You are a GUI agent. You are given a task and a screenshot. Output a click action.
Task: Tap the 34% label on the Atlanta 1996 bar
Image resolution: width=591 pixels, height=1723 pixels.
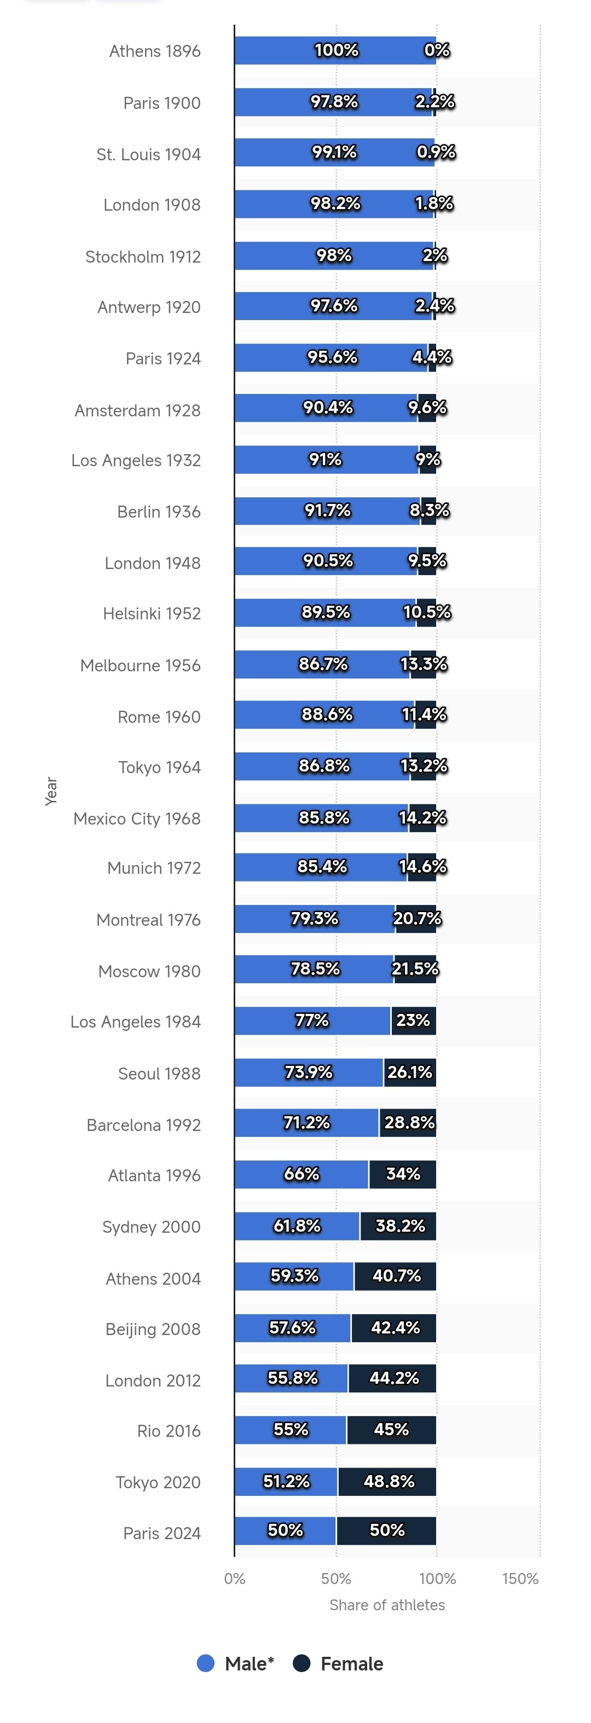pyautogui.click(x=403, y=1174)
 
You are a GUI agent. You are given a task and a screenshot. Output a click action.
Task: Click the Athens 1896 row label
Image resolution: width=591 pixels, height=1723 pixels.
pyautogui.click(x=155, y=51)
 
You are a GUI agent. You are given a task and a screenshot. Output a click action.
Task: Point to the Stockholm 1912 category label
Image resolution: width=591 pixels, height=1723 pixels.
pyautogui.click(x=143, y=257)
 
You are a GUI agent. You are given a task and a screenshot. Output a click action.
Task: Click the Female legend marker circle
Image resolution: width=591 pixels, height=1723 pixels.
pyautogui.click(x=302, y=1663)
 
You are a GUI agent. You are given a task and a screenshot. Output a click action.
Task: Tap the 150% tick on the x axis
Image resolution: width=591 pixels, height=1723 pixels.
pyautogui.click(x=520, y=1579)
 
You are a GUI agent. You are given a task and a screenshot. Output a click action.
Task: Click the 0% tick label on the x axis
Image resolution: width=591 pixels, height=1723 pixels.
pyautogui.click(x=234, y=1579)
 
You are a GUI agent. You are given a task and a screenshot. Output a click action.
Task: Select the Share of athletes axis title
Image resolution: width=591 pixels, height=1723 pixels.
pyautogui.click(x=387, y=1605)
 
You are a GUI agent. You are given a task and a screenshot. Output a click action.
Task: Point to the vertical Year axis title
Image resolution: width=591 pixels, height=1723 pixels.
pyautogui.click(x=51, y=791)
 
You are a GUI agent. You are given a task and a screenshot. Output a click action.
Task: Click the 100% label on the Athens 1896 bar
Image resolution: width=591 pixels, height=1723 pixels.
pyautogui.click(x=336, y=50)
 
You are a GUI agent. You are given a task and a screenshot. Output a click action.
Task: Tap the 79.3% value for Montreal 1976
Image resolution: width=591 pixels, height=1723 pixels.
pyautogui.click(x=314, y=918)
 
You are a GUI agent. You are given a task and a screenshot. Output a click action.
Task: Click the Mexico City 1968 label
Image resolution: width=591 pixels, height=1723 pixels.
pyautogui.click(x=137, y=819)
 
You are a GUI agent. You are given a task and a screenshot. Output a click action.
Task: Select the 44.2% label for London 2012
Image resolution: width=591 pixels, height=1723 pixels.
pyautogui.click(x=393, y=1378)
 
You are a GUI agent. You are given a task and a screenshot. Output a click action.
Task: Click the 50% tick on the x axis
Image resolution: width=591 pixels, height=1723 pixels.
pyautogui.click(x=336, y=1579)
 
